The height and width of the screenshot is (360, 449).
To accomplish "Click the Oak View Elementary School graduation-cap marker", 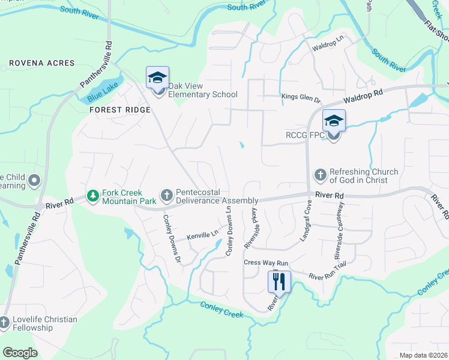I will point(158,79).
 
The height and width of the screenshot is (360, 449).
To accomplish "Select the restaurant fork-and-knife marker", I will point(279,281).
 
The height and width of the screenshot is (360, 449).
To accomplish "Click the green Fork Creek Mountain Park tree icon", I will point(93,196).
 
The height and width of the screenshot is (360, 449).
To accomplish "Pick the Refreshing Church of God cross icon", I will point(320,175).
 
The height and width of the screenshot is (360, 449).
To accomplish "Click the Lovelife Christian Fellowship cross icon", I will point(4,323).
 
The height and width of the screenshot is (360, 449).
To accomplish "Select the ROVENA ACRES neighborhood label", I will point(42,63).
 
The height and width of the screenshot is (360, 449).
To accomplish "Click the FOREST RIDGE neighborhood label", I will point(119,110).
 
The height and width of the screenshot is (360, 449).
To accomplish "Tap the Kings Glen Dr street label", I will point(301,97).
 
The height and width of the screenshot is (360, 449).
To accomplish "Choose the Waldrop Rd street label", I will point(363,97).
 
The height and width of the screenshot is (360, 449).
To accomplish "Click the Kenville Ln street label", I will point(202,236).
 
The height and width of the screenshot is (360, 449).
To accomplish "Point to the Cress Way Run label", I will point(266,263).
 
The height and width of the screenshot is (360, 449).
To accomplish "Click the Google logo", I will point(20,352).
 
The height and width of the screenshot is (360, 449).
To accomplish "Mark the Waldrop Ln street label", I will point(327,43).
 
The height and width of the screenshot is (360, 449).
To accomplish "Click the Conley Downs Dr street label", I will point(172,239).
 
